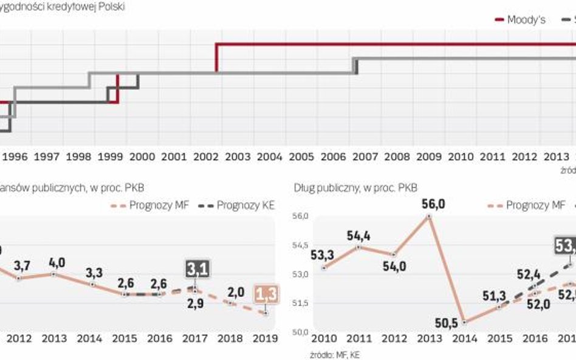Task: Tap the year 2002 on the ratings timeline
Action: point(207,157)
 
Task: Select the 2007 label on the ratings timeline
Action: point(365,157)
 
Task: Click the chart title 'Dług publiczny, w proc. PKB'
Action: point(355,188)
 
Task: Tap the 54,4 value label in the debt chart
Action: point(358,234)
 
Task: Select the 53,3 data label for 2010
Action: point(324,253)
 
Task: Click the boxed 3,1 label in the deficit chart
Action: point(197,269)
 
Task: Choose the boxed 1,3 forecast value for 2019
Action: point(265,294)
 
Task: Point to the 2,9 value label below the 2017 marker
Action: point(196,304)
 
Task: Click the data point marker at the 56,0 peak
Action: point(429,216)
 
